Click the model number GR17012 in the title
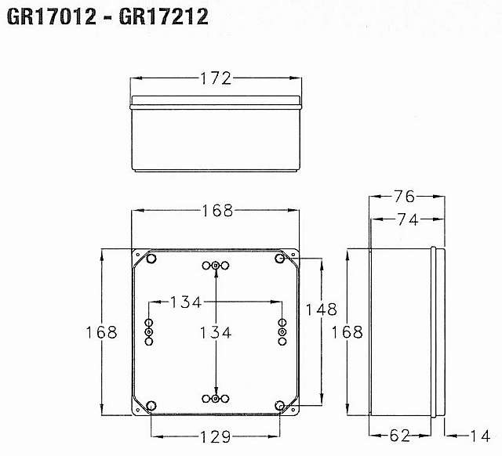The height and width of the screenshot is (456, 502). click(x=52, y=16)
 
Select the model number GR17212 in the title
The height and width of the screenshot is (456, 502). click(x=164, y=16)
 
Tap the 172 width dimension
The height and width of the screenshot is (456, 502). click(x=216, y=78)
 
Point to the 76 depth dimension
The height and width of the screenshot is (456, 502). click(x=404, y=197)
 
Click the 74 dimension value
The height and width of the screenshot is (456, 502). click(x=408, y=219)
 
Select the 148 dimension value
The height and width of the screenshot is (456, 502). click(x=322, y=309)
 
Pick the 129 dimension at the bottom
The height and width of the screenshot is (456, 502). click(x=215, y=437)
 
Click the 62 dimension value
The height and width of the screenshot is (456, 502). click(x=399, y=436)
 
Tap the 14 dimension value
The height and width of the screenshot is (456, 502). click(x=479, y=436)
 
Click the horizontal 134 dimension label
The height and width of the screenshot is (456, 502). click(x=186, y=302)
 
